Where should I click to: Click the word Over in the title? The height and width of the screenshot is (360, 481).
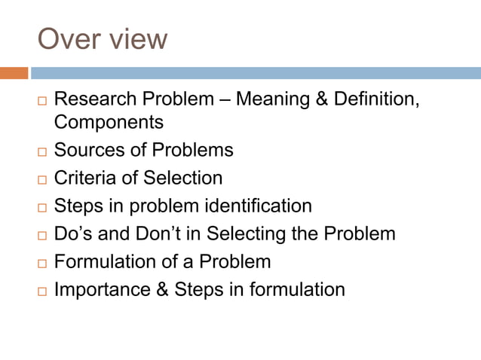(x=69, y=38)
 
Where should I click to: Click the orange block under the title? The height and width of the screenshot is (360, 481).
(x=14, y=73)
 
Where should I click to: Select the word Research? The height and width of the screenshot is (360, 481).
(x=97, y=99)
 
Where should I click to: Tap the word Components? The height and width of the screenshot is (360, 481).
(x=109, y=121)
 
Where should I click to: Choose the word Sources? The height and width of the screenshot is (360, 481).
(x=87, y=150)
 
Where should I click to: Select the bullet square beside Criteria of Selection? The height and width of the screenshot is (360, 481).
(x=41, y=180)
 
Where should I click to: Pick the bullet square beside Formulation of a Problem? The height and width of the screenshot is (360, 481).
(x=41, y=264)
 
